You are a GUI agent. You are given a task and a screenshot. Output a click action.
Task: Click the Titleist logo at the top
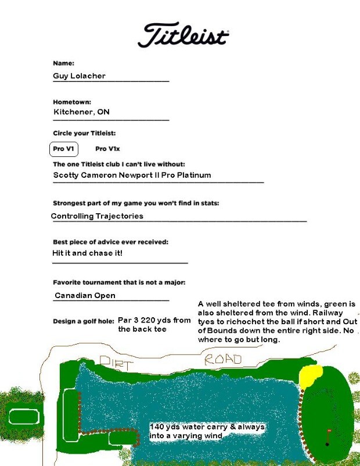[x=183, y=35]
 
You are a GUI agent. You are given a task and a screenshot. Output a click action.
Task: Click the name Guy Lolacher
[x=80, y=76]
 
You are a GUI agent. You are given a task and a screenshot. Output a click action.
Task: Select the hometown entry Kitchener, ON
[x=81, y=112]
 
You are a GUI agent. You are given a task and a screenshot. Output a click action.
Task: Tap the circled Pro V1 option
[x=63, y=149]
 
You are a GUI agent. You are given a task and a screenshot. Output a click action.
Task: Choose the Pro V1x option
[x=107, y=149]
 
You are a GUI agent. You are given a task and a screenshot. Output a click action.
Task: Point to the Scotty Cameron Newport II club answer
[x=132, y=175]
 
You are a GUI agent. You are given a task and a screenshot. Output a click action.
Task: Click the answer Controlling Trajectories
[x=97, y=216]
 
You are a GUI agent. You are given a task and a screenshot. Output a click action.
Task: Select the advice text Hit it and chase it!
[x=87, y=253]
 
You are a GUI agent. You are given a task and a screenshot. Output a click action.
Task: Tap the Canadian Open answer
[x=85, y=296]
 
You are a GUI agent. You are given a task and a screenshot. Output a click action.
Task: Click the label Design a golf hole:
[x=83, y=321]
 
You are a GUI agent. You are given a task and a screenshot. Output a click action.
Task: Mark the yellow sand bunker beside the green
[x=311, y=377]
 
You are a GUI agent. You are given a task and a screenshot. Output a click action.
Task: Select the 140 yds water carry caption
[x=207, y=431]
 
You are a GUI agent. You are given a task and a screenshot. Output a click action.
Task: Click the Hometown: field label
[x=72, y=102]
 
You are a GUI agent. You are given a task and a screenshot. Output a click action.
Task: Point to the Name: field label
[x=63, y=63]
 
